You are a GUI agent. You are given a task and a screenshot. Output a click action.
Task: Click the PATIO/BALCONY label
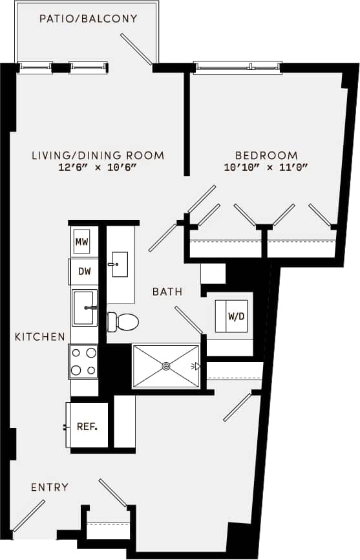click(88, 19)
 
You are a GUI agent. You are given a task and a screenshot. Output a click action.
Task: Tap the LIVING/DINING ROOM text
click(98, 155)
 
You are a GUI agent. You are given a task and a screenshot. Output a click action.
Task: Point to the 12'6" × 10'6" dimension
click(98, 167)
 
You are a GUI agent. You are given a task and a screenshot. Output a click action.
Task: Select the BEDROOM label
click(266, 155)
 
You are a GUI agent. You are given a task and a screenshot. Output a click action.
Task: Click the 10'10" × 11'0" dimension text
click(266, 167)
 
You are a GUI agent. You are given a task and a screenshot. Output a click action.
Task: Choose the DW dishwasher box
click(84, 272)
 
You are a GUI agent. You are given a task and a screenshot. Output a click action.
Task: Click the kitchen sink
click(84, 307)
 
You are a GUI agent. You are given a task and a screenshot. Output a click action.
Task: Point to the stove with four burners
click(83, 361)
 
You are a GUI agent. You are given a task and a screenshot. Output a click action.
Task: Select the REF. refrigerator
click(87, 426)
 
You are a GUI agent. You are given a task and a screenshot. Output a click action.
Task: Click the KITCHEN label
click(40, 336)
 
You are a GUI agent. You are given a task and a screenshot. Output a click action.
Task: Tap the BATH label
click(167, 292)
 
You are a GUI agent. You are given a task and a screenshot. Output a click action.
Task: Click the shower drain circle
click(166, 366)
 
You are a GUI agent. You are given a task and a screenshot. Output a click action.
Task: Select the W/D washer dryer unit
click(233, 317)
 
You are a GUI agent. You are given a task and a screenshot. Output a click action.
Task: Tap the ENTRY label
click(50, 487)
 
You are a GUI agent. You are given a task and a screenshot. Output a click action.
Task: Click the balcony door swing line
click(136, 49)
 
